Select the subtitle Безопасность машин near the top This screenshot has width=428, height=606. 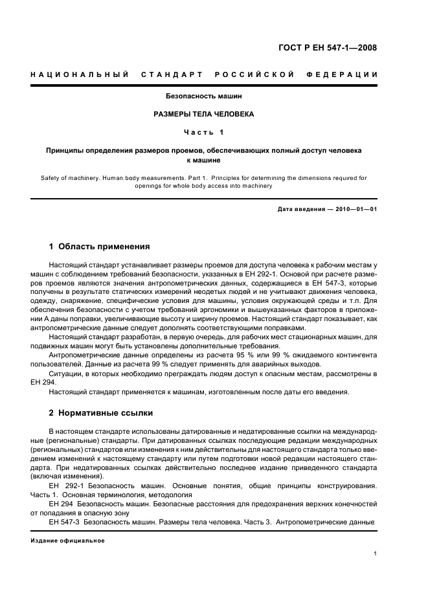pyautogui.click(x=203, y=96)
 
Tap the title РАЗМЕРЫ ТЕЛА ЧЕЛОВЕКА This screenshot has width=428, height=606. pyautogui.click(x=203, y=114)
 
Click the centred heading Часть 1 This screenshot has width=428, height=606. pyautogui.click(x=203, y=132)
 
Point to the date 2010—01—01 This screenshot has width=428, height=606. pyautogui.click(x=354, y=209)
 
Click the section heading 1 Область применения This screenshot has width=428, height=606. pyautogui.click(x=99, y=247)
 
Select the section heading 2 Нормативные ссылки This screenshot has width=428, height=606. pyautogui.click(x=101, y=412)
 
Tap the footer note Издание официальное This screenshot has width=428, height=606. pyautogui.click(x=67, y=541)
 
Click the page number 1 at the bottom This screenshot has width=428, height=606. pyautogui.click(x=376, y=553)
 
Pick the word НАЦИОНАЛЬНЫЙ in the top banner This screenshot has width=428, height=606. pyautogui.click(x=80, y=74)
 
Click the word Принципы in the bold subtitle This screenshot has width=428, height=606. pyautogui.click(x=68, y=150)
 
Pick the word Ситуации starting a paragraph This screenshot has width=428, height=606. pyautogui.click(x=65, y=374)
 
